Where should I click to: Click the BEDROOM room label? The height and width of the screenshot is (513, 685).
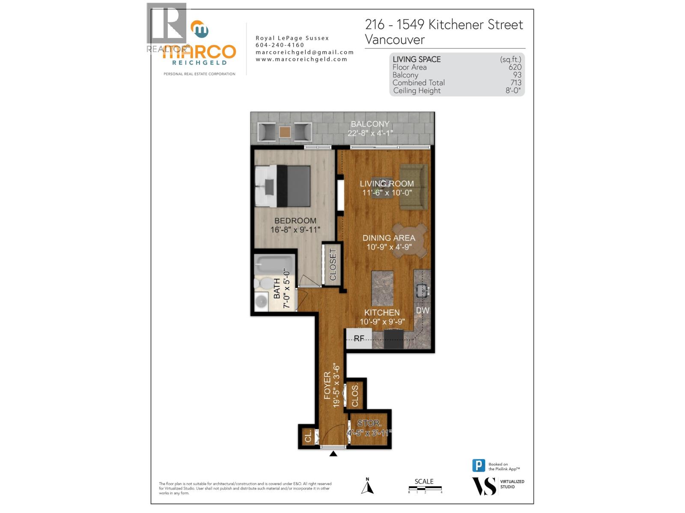tap(295, 221)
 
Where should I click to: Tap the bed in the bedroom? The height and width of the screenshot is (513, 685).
tap(283, 186)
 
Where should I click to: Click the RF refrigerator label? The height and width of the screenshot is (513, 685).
tap(359, 339)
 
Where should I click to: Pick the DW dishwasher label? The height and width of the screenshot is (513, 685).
tap(423, 310)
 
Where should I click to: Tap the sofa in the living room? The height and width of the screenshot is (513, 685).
tap(414, 187)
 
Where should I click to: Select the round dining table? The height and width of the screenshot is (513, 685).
tap(410, 240)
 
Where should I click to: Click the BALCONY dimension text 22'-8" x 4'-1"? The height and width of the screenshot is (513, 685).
tap(370, 133)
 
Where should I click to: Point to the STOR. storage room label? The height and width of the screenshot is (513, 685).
tap(369, 423)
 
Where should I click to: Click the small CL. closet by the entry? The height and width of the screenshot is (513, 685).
tap(308, 437)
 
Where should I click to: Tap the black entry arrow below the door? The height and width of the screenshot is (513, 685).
tap(334, 454)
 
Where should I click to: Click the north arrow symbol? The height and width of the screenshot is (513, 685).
tap(367, 487)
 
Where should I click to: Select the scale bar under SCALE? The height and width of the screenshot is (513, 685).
tap(425, 488)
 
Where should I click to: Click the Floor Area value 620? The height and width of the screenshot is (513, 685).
tap(515, 67)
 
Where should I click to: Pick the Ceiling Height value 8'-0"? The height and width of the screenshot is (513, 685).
tap(513, 91)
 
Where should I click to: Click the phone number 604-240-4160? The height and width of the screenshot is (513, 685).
tap(280, 45)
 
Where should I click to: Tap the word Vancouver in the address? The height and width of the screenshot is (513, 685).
tap(395, 40)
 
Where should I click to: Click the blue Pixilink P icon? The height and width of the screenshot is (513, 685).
tap(479, 466)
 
